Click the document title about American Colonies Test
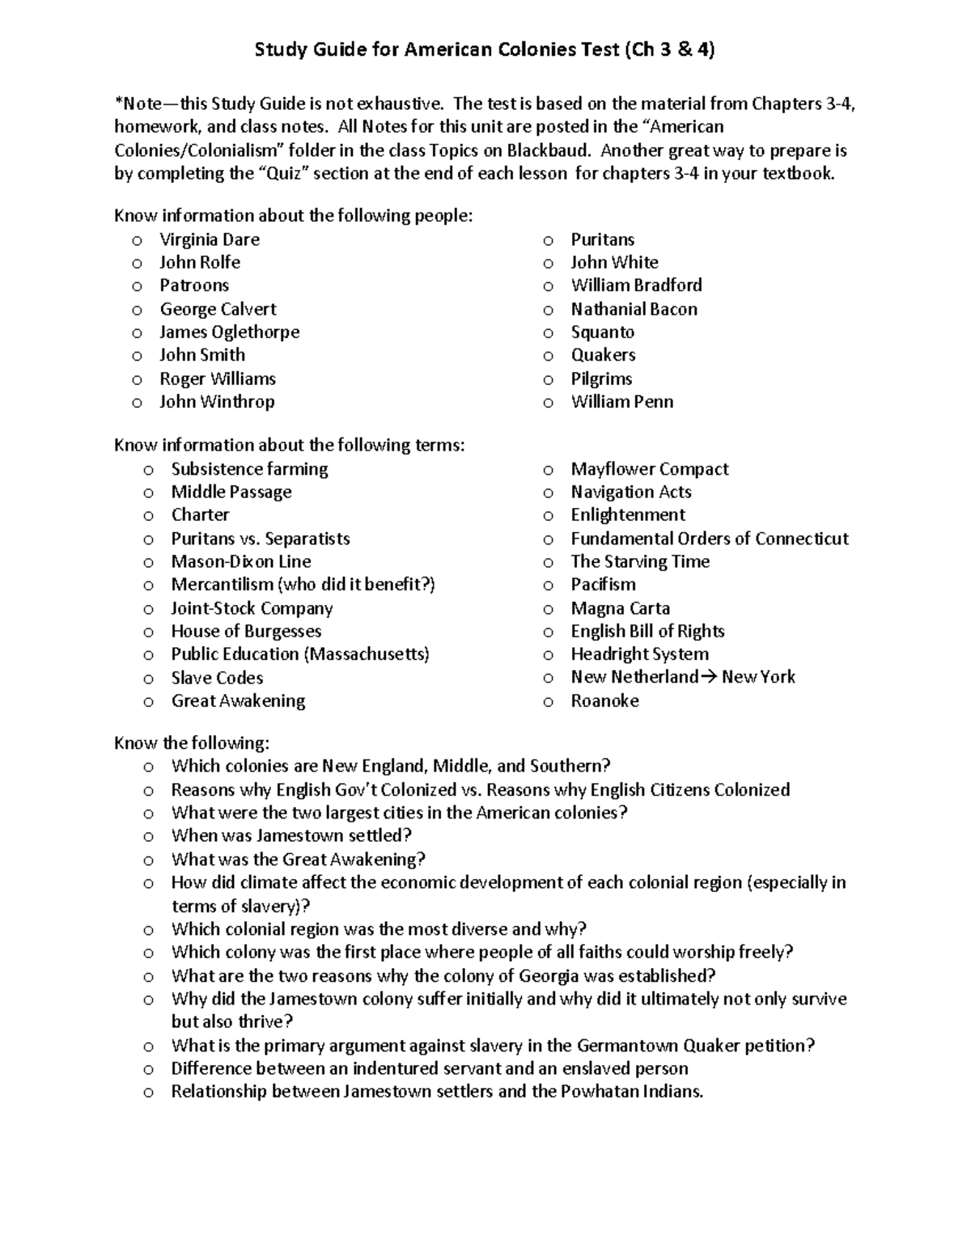(485, 50)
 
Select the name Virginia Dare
(210, 239)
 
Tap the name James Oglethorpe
(229, 332)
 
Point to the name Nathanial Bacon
(634, 309)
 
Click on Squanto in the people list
(602, 332)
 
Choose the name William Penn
(621, 401)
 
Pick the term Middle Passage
(231, 492)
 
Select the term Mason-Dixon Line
(240, 561)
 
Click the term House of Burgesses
(246, 631)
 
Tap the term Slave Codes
(217, 678)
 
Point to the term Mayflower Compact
(649, 469)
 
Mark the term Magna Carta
(620, 608)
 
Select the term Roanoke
(604, 700)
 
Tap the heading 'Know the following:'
(192, 742)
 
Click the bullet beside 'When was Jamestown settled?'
(148, 836)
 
